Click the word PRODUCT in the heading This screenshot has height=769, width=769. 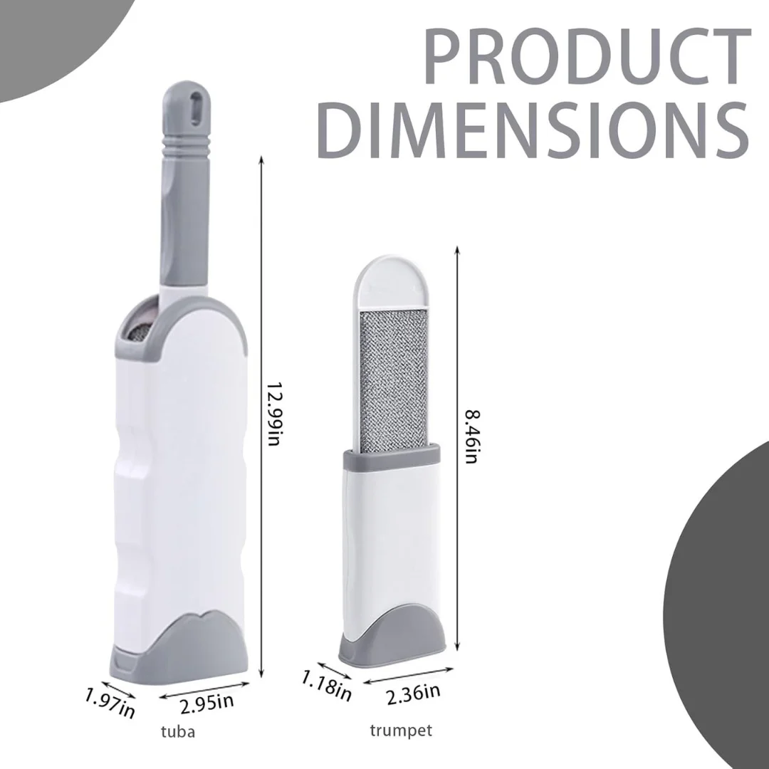click(587, 56)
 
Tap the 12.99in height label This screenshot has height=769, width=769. click(273, 414)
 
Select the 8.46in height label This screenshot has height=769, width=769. click(471, 436)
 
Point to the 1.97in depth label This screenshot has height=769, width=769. click(110, 703)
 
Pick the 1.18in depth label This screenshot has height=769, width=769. click(326, 685)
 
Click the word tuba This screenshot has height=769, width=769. click(177, 732)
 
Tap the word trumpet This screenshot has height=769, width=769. click(401, 731)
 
